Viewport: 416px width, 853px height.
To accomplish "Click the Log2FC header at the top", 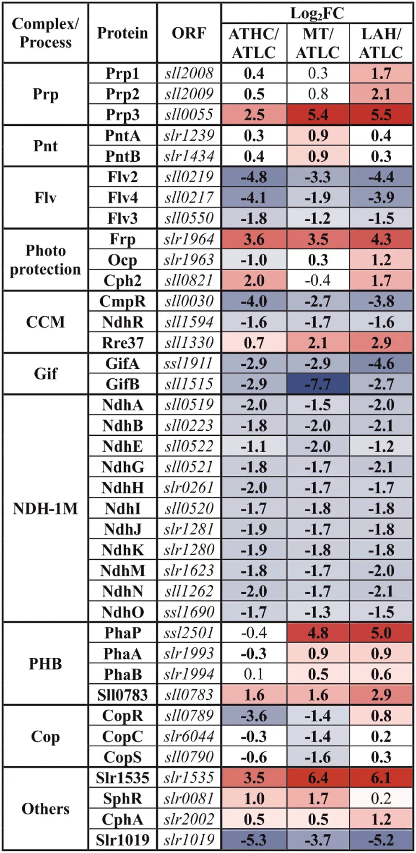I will [317, 13].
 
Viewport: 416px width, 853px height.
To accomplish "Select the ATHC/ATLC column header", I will [254, 43].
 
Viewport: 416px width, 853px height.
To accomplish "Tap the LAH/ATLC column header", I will [381, 43].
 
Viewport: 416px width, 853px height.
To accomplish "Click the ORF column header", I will [189, 33].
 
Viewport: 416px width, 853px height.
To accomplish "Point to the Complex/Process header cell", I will [45, 33].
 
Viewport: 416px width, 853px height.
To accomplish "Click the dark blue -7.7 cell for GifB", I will [317, 384].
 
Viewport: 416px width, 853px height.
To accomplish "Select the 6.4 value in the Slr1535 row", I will [317, 778].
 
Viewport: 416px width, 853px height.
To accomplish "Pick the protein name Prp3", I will [122, 115].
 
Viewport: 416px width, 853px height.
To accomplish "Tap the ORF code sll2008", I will [189, 73].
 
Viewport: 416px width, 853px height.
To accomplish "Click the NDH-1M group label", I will [45, 508].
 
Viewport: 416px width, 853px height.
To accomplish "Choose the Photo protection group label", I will [45, 260].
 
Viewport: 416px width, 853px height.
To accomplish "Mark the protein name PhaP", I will [122, 633].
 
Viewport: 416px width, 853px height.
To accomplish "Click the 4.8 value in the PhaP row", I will [317, 633].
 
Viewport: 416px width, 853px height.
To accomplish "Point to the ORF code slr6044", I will [189, 737].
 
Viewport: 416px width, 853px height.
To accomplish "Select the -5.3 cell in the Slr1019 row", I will [254, 840].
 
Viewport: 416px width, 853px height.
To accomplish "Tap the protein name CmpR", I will [122, 301].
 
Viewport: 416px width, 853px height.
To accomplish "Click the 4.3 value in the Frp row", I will [381, 239].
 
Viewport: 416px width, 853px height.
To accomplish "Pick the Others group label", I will [45, 809].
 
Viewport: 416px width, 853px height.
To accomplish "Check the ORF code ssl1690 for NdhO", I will [189, 612].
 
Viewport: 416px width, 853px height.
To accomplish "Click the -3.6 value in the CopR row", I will [254, 716].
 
